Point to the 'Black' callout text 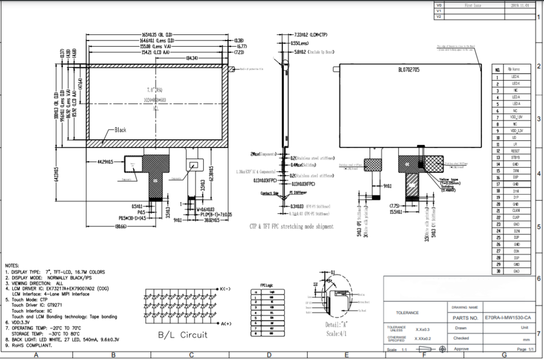121,130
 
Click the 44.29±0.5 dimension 104,162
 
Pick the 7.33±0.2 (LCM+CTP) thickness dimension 310,34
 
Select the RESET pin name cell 515,151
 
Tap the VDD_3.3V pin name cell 515,130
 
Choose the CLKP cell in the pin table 515,217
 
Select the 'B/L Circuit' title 182,335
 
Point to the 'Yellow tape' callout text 448,180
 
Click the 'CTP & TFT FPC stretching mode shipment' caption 291,226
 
